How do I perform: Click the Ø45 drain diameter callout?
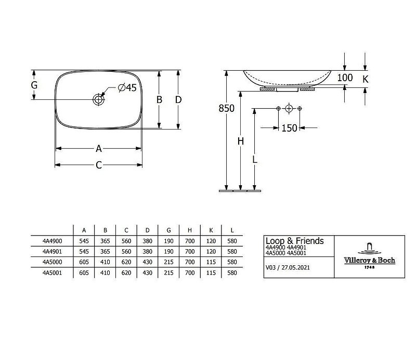pos(127,87)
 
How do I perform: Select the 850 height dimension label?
pos(227,108)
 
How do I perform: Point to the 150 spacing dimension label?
pos(289,128)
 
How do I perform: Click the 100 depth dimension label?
pos(345,78)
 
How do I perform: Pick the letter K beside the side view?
pos(366,79)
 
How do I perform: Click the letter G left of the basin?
pos(34,85)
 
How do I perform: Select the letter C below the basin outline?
pos(99,165)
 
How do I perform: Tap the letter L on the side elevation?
pos(255,160)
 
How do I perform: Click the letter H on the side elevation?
pos(241,141)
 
